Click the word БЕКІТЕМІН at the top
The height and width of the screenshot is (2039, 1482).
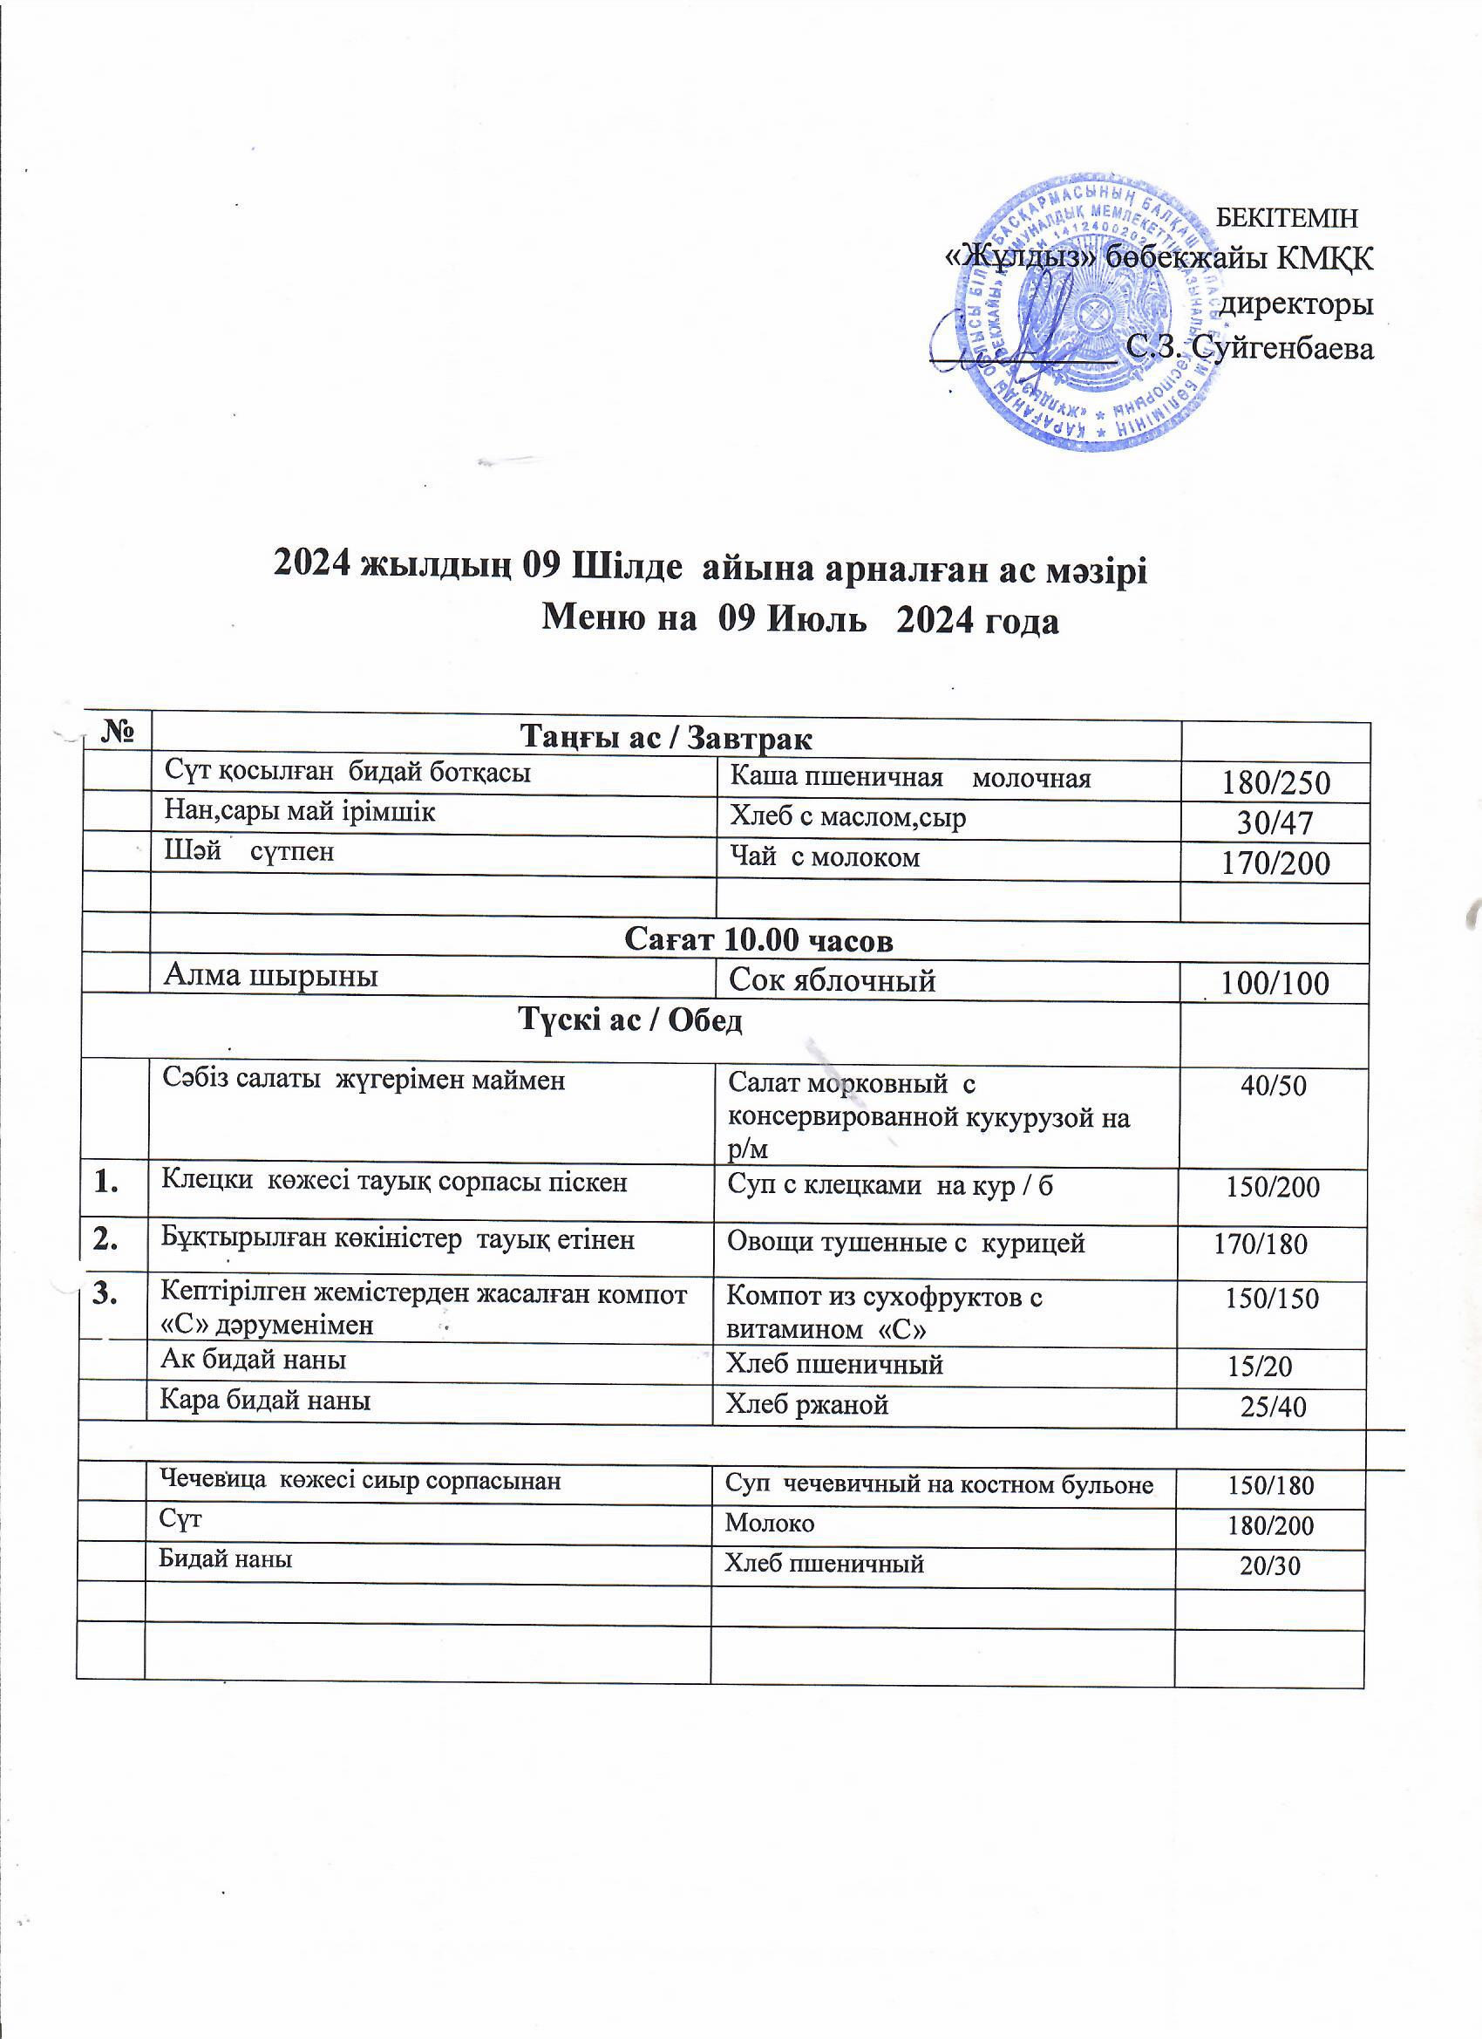1286,217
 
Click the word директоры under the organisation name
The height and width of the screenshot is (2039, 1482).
1300,303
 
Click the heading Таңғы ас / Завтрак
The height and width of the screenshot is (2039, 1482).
666,739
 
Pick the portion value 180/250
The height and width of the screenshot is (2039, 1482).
1275,783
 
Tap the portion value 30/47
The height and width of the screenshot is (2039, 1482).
1275,822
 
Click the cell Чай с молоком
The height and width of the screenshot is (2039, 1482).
824,857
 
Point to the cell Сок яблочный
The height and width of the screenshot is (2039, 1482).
832,981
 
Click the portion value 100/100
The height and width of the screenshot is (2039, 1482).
1275,984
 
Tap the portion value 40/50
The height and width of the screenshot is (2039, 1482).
1273,1086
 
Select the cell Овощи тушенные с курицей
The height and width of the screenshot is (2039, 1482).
905,1244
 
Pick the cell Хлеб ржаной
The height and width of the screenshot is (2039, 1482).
806,1403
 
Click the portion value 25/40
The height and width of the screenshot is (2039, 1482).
1273,1407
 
